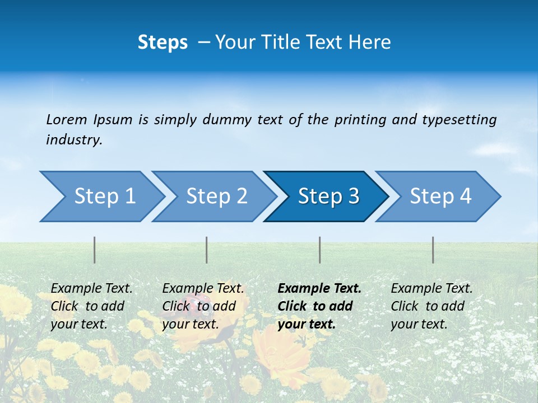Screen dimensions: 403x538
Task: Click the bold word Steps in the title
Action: coord(163,43)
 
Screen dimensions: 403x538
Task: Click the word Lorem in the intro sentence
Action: coord(66,119)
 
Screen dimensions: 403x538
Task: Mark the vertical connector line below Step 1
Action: coord(95,250)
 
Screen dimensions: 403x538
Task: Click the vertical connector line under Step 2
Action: coord(207,250)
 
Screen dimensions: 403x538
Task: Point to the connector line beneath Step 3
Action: coord(320,250)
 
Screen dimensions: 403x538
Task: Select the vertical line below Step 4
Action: coord(433,250)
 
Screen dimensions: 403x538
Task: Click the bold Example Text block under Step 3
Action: coord(319,306)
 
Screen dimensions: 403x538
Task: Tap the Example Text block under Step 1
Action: coord(91,306)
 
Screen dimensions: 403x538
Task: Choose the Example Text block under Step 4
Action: coord(432,306)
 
